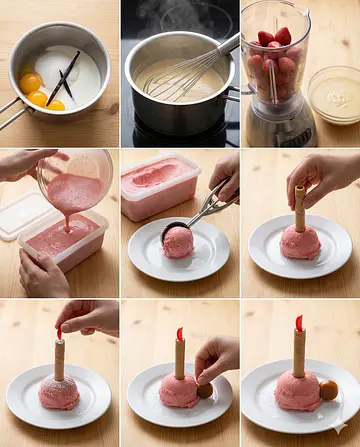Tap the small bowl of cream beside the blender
[334, 95]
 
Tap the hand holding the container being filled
[40, 275]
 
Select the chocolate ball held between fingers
[205, 389]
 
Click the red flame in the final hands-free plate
[299, 323]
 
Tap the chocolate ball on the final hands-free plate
[328, 390]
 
